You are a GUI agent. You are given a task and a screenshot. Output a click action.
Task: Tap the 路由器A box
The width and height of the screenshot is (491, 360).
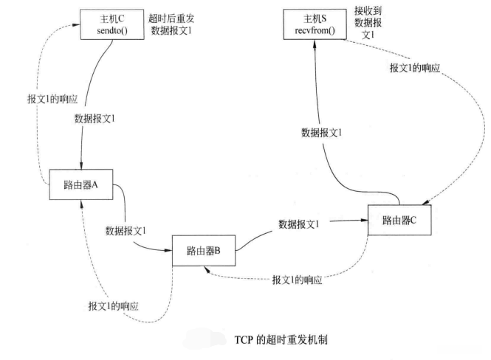pyautogui.click(x=81, y=185)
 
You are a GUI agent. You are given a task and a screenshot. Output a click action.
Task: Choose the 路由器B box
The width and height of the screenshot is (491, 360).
pyautogui.click(x=202, y=251)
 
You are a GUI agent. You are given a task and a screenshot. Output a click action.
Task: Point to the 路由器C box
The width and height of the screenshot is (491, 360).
pyautogui.click(x=399, y=220)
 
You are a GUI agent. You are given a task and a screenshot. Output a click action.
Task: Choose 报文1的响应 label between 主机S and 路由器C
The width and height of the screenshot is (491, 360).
pyautogui.click(x=415, y=67)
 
